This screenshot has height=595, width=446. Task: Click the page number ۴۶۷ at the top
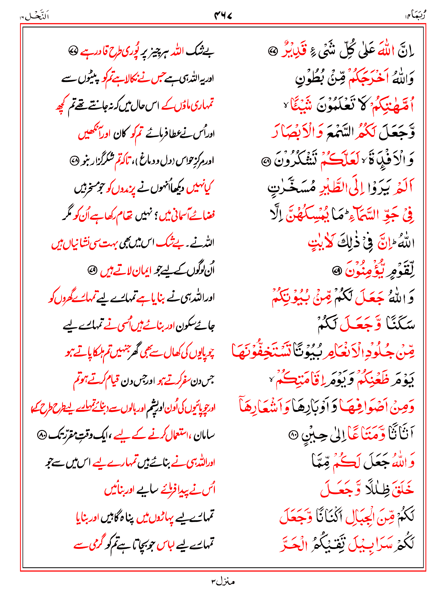(223, 15)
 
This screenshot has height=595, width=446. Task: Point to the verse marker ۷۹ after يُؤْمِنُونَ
(337, 271)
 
